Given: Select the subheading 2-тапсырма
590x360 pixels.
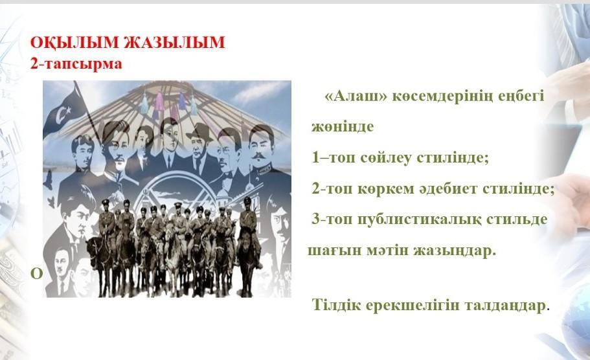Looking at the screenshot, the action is tap(76, 63).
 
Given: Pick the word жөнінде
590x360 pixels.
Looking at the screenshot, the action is tap(343, 127).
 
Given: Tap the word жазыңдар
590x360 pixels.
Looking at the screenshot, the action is tap(455, 251).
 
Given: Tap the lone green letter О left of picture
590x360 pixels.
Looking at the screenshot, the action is tap(36, 275).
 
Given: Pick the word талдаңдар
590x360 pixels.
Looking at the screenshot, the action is tap(505, 306).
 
